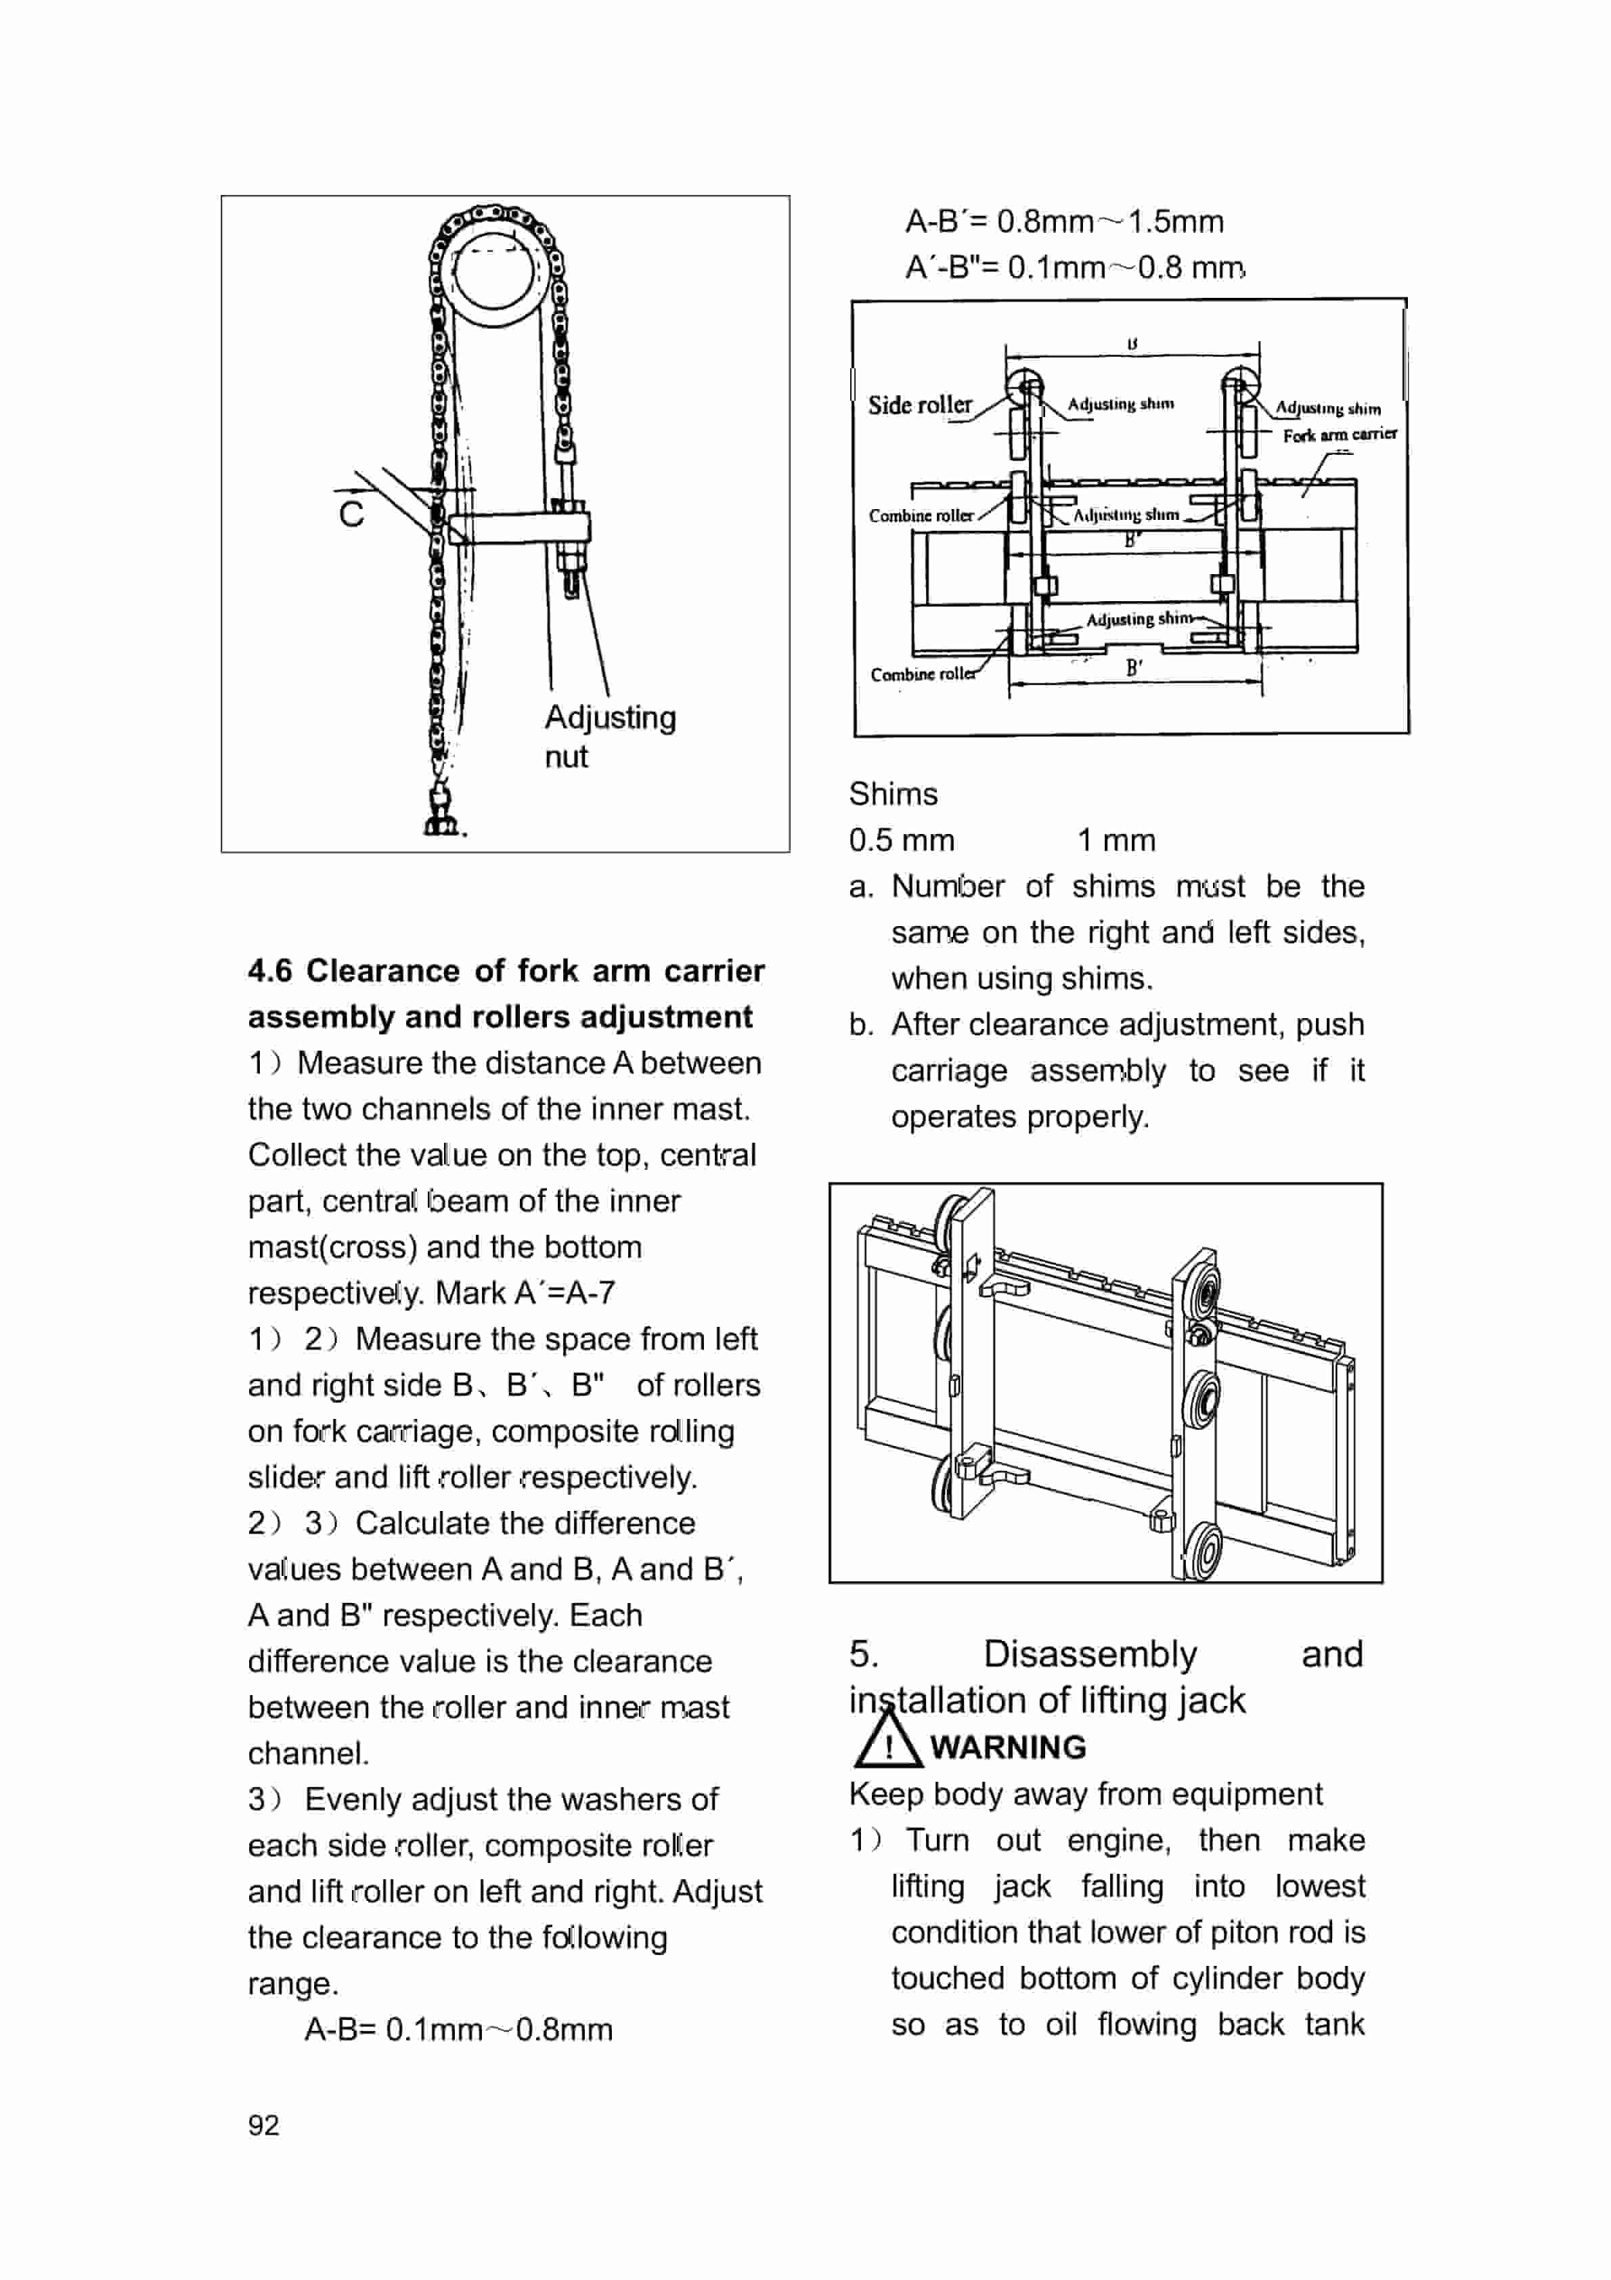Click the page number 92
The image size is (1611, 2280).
[x=263, y=2125]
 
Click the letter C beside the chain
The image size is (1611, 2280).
[x=351, y=513]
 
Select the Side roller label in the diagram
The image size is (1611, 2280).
[x=920, y=405]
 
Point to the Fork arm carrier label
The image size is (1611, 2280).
[x=1339, y=435]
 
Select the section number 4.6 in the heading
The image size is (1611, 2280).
[x=270, y=970]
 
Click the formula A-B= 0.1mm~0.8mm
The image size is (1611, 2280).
[x=458, y=2029]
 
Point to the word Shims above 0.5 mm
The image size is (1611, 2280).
[x=892, y=793]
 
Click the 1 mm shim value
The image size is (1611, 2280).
[x=1116, y=840]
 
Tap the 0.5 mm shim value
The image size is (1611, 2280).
[x=901, y=840]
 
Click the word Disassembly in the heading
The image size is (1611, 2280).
[x=1090, y=1654]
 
